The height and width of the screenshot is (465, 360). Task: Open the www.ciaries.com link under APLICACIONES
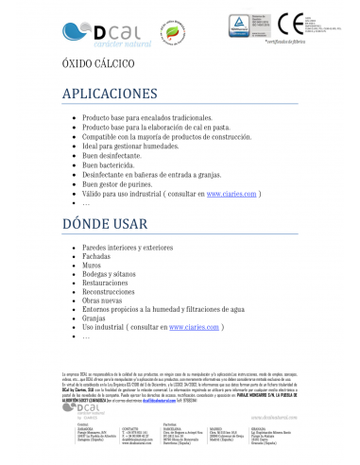[x=231, y=193]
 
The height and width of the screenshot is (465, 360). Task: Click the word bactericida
[x=119, y=164]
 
